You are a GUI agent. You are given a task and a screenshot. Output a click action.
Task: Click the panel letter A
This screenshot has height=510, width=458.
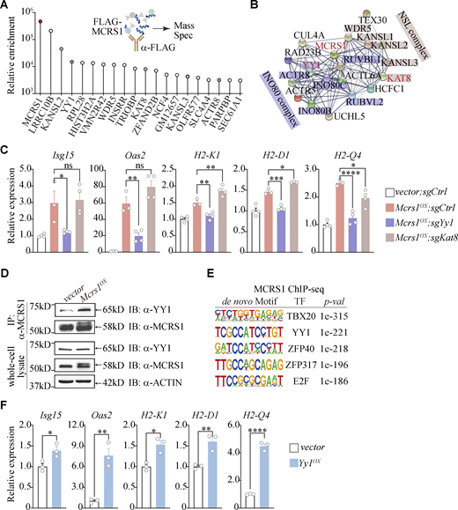coord(7,9)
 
